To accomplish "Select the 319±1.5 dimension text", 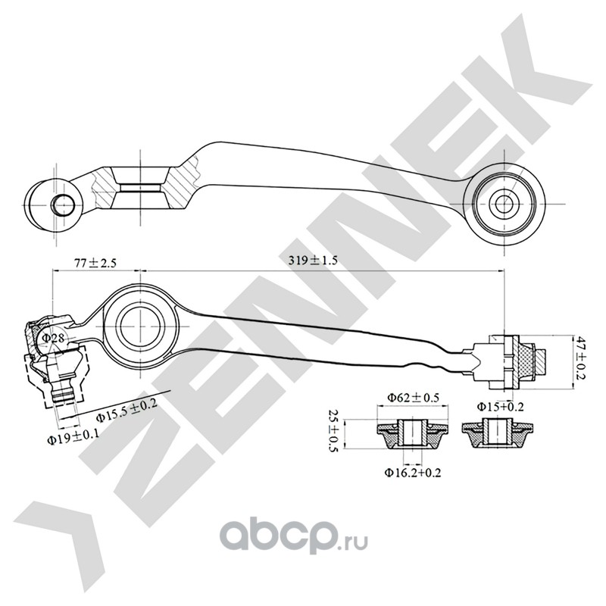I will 313,259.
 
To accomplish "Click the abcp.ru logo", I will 280,539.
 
